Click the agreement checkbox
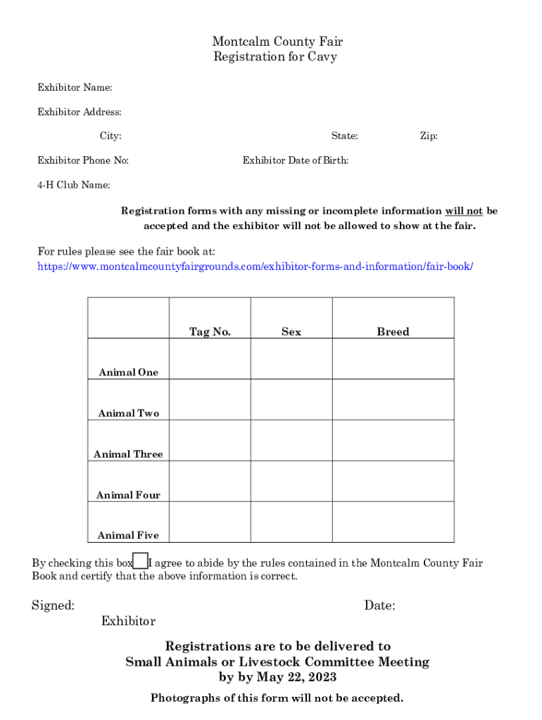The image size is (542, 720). pos(141,561)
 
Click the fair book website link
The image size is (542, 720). pos(255,267)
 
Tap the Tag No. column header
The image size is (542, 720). pos(210,332)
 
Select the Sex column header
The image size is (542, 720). pos(291,332)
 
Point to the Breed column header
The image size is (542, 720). pos(393,332)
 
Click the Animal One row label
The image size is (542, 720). pos(129,372)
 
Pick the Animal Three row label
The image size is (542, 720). pos(128,454)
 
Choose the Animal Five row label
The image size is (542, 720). pos(128,535)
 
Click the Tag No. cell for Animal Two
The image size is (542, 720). pos(210,399)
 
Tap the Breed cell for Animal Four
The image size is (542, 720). pos(393,481)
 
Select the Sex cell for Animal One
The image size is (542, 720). pos(291,359)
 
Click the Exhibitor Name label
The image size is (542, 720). pos(75,88)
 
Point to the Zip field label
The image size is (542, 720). pos(429,136)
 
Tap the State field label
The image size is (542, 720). pos(344,136)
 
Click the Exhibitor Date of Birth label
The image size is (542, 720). pos(296,160)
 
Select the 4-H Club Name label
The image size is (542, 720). pos(73,185)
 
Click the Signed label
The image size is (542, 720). pos(53,605)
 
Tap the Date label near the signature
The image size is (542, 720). pos(379,605)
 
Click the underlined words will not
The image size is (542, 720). pos(463,211)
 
